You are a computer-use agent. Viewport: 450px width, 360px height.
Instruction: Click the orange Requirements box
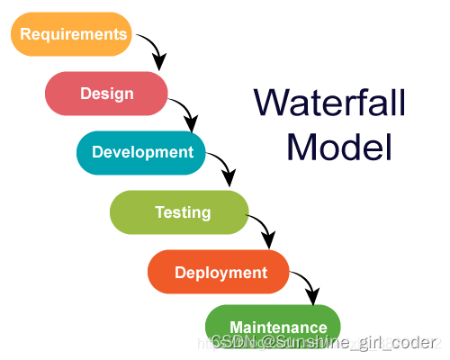click(71, 34)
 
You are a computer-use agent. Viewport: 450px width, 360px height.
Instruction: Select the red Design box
click(107, 93)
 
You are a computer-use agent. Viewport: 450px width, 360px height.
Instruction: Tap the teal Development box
click(141, 152)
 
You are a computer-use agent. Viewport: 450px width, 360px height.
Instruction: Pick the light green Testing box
click(179, 212)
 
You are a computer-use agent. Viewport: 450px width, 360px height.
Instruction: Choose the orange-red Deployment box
click(219, 272)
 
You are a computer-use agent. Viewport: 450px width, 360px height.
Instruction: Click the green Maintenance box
click(274, 326)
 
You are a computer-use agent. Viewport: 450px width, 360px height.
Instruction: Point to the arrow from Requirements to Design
click(154, 49)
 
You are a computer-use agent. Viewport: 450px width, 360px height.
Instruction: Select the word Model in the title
click(339, 146)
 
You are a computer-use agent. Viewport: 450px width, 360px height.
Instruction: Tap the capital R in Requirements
click(26, 35)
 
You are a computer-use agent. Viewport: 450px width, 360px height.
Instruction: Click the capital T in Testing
click(159, 212)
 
